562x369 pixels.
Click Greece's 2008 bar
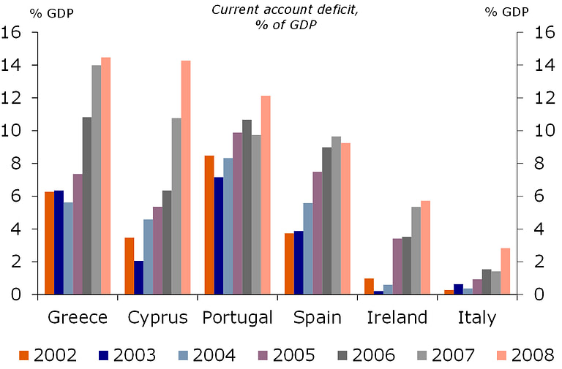pyautogui.click(x=106, y=175)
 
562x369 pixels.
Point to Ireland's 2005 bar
pyautogui.click(x=397, y=266)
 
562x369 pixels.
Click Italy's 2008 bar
pyautogui.click(x=506, y=271)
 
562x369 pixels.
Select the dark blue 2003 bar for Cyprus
pyautogui.click(x=138, y=278)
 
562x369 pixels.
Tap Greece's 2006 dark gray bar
pyautogui.click(x=87, y=205)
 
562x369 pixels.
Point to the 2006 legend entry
pyautogui.click(x=364, y=355)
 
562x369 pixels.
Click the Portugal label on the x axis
pyautogui.click(x=237, y=318)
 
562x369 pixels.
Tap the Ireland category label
pyautogui.click(x=397, y=318)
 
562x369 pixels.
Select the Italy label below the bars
pyautogui.click(x=476, y=318)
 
